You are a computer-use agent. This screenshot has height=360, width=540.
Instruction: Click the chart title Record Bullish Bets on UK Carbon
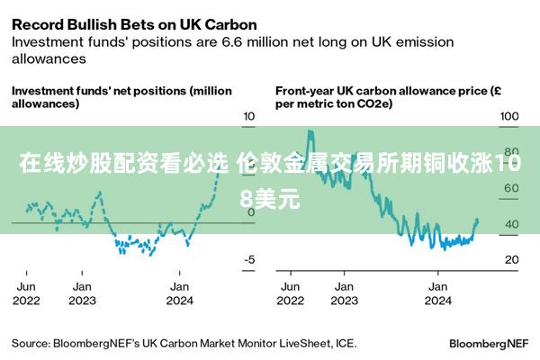133,24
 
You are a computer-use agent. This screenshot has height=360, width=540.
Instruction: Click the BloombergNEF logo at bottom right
489,343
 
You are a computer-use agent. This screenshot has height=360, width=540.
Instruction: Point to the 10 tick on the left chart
250,116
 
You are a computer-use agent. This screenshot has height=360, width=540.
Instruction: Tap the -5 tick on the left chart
250,259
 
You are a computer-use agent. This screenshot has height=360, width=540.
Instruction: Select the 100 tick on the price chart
510,116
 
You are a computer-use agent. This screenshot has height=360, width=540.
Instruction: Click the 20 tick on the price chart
510,259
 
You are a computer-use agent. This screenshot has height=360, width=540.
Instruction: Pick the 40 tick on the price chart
510,224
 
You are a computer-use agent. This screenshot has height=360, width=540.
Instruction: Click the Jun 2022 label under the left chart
26,292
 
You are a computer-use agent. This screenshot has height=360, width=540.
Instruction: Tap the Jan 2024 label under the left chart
180,292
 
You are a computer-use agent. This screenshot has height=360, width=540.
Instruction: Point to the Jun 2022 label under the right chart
291,292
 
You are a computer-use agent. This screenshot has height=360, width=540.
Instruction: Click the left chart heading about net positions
121,97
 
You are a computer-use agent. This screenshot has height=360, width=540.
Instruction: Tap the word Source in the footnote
31,343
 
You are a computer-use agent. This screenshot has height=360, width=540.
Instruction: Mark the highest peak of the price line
310,131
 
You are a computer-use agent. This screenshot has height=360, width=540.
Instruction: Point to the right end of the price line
477,220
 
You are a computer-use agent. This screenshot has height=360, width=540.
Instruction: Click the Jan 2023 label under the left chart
82,292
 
